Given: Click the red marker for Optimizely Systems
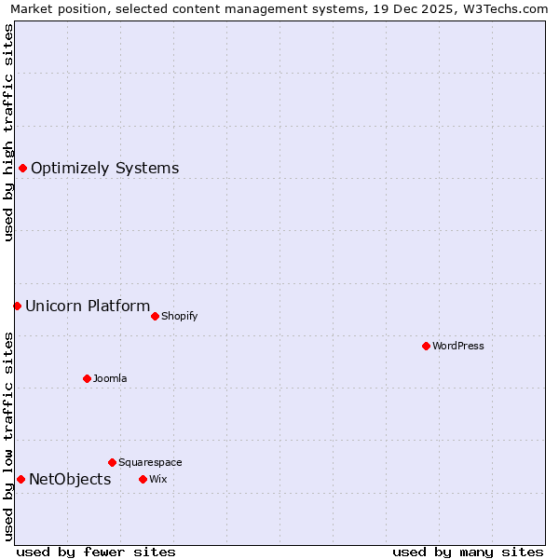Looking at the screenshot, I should tap(22, 168).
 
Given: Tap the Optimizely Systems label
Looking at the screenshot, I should tap(104, 169).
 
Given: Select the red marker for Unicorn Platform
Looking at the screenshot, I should tap(17, 306).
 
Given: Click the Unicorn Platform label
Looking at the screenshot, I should tap(88, 306).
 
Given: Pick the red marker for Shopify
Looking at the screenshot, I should tap(155, 316).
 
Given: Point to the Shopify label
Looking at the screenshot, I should tap(179, 316).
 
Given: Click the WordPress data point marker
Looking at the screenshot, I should tap(426, 346).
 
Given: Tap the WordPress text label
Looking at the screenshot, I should tap(457, 346).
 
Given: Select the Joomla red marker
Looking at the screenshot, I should tap(87, 378).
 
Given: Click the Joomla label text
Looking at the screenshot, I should tap(110, 378).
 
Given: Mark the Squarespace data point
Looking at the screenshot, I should tap(112, 462).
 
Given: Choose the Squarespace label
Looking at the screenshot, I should tap(150, 462).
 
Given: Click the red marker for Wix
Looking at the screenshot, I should tap(143, 479).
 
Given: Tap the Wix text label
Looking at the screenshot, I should tap(158, 479).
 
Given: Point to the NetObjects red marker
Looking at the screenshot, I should tap(20, 479).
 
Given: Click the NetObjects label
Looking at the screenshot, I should tap(70, 480).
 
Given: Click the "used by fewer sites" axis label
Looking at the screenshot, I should tap(96, 552).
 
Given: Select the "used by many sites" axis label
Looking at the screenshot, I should tap(468, 552).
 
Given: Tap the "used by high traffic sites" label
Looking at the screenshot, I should tap(8, 132).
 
